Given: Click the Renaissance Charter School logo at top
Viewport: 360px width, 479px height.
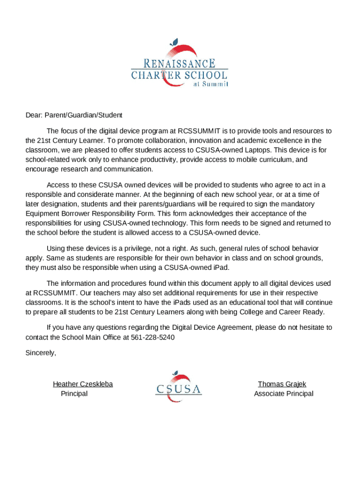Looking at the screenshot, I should click(180, 65).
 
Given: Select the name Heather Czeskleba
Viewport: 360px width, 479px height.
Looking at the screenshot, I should click(83, 384).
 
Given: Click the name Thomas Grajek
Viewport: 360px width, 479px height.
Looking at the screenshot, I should click(282, 384).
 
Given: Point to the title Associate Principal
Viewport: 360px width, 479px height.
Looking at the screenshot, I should click(283, 393).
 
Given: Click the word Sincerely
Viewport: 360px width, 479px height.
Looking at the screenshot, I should click(40, 353).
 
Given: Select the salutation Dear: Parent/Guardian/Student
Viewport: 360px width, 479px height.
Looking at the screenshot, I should click(73, 115).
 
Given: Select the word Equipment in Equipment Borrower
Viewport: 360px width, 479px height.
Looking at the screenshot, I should click(41, 214).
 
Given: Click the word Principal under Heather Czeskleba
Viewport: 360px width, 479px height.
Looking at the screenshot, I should click(74, 393).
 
